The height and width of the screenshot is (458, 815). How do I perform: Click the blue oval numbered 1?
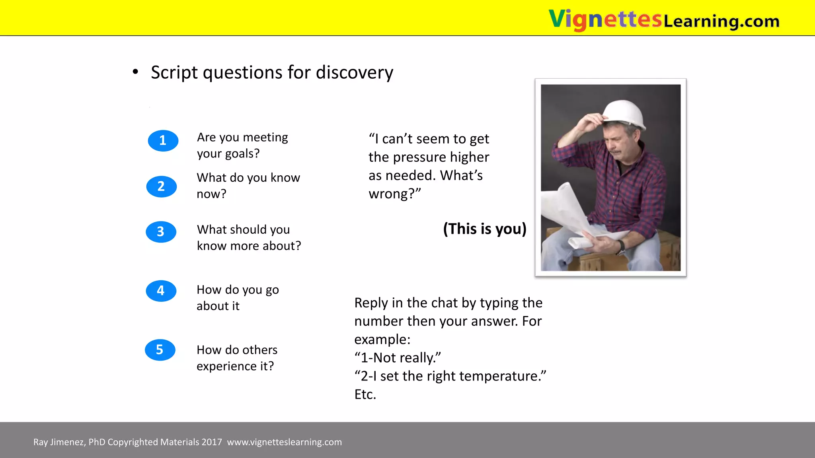click(x=163, y=140)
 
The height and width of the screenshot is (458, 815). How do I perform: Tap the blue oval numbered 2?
click(x=161, y=186)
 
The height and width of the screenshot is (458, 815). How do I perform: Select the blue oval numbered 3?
click(x=161, y=231)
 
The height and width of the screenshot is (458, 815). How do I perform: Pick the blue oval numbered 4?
click(x=161, y=291)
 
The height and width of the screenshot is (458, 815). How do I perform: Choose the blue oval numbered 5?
click(x=160, y=350)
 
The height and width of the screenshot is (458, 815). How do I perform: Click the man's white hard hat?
click(x=624, y=113)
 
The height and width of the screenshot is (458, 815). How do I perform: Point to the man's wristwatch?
click(x=620, y=247)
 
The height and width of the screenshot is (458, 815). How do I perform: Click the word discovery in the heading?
click(x=354, y=73)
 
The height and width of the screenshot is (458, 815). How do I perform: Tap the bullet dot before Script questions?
click(x=135, y=72)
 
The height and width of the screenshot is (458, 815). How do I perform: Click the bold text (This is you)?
click(x=484, y=229)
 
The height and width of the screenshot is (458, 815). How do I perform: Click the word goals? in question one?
click(x=243, y=154)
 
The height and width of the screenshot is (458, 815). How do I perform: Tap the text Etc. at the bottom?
click(x=365, y=394)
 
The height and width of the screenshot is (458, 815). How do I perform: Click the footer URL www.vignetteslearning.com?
click(x=284, y=442)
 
